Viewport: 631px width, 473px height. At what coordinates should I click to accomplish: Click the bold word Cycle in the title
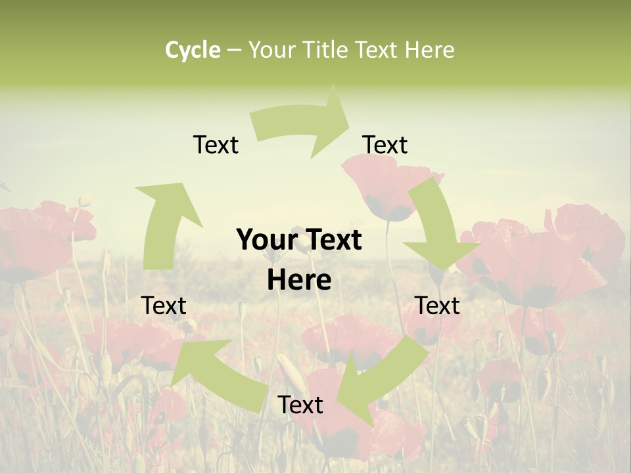click(x=193, y=50)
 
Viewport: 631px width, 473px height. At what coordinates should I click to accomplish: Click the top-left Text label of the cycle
click(x=216, y=145)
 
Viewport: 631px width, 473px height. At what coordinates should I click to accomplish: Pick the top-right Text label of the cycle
click(x=385, y=145)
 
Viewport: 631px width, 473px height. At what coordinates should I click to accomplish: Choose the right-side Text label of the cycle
click(x=437, y=305)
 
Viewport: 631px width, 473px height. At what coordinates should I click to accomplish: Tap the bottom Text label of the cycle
click(x=300, y=405)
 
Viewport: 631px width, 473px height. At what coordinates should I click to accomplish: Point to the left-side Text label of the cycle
click(x=164, y=305)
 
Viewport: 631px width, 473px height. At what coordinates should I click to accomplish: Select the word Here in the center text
click(x=299, y=281)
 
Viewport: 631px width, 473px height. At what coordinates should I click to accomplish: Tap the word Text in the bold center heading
click(x=330, y=240)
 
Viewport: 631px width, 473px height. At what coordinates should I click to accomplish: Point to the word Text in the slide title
click(x=379, y=50)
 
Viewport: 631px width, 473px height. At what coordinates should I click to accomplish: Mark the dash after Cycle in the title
click(x=233, y=50)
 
